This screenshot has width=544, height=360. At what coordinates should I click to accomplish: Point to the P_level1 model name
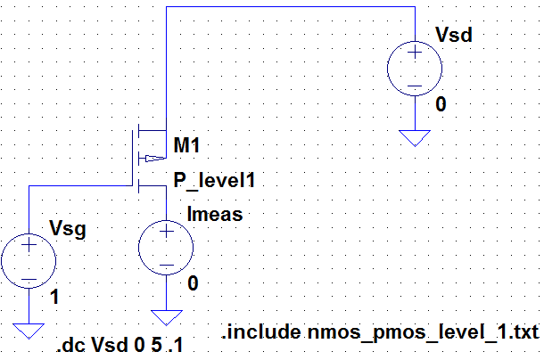point(214,181)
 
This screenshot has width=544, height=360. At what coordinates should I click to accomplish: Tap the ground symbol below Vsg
point(29,330)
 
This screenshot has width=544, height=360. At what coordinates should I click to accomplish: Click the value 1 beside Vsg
point(57,299)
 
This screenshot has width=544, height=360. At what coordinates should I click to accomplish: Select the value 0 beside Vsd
point(441,105)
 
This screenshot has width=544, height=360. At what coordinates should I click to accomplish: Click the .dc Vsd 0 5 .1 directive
point(120,345)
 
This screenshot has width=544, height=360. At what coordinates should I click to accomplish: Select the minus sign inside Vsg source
point(29,277)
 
